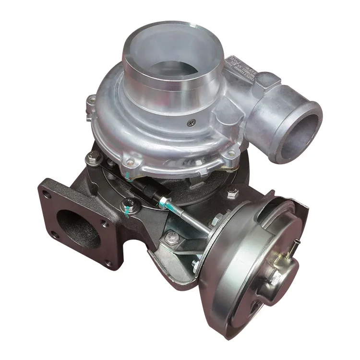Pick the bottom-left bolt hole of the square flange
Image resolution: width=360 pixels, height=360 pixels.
54,235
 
